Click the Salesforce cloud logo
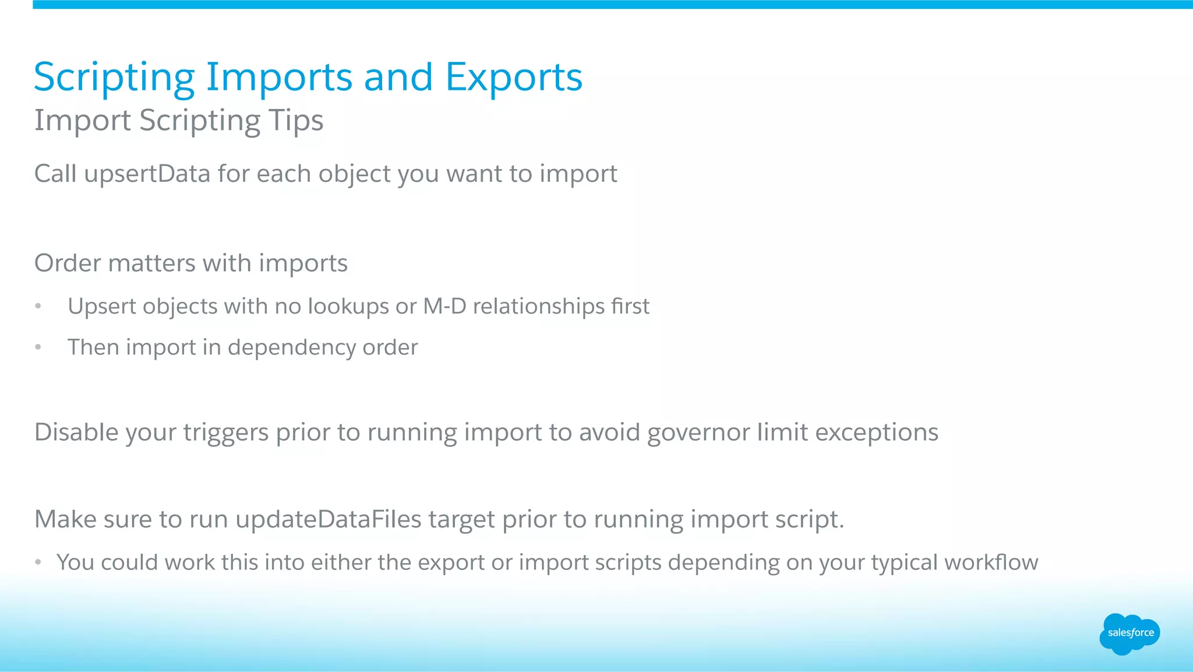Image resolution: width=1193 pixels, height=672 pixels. pos(1130,634)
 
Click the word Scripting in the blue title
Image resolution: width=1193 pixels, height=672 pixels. pos(114,78)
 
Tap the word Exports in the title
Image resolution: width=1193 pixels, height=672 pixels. pos(514,78)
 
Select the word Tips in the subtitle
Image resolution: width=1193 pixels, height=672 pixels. pos(296,121)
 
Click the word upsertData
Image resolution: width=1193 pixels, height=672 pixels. pos(147,174)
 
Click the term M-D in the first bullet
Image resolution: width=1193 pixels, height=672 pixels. pos(444,307)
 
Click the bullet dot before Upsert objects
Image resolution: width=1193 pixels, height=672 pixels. pos(38,307)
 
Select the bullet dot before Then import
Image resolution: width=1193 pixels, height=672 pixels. pos(38,347)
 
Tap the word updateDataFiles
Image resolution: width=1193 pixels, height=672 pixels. pos(328,519)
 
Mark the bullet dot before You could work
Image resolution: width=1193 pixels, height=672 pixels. pos(38,562)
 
